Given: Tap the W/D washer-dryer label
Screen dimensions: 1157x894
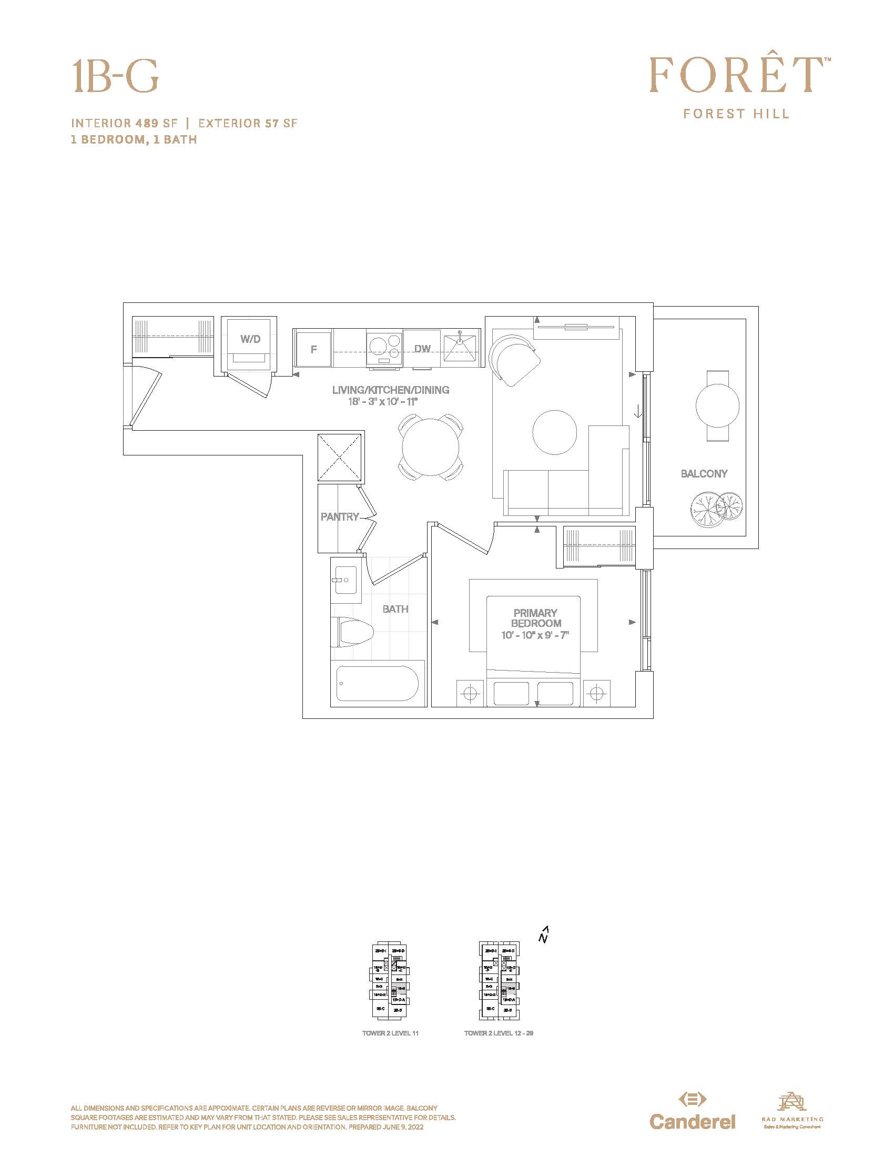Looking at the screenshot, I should [x=250, y=339].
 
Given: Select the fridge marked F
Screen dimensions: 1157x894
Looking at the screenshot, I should [x=313, y=350].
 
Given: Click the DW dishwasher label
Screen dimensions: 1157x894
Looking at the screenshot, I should [x=422, y=349].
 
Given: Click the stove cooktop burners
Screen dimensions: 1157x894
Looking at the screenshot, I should [x=384, y=348].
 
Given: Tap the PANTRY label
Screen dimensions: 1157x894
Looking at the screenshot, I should [x=340, y=516].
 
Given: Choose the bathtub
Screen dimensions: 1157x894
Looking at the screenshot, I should [x=378, y=683].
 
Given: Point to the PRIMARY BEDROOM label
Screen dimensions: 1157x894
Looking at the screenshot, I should [x=535, y=618].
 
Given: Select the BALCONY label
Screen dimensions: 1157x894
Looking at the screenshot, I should [x=704, y=474].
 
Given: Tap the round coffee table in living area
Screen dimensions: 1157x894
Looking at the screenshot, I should [x=554, y=432].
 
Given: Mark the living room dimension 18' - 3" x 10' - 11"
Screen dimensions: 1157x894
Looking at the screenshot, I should [x=383, y=402].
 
